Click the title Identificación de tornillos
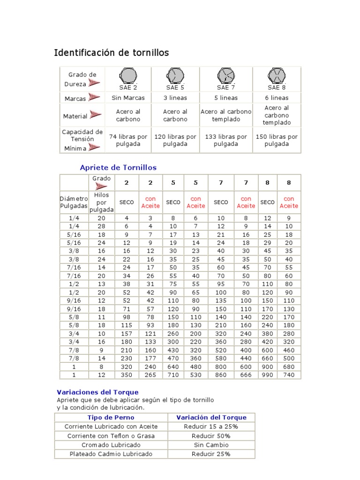[x=112, y=53]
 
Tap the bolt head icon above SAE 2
[x=128, y=76]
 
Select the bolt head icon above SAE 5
[x=175, y=76]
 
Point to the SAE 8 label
[x=277, y=88]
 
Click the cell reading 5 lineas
[x=226, y=98]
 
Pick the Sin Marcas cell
[x=128, y=98]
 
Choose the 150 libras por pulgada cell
[x=277, y=140]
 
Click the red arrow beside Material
[x=96, y=115]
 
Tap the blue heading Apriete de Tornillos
[x=118, y=167]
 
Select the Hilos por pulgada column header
[x=101, y=202]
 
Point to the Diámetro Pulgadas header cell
[x=74, y=202]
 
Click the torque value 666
[x=246, y=375]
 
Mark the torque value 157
[x=127, y=334]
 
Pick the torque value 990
[x=267, y=375]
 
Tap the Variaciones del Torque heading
[x=97, y=392]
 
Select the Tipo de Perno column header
[x=111, y=417]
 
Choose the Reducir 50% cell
[x=211, y=435]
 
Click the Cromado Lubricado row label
[x=111, y=445]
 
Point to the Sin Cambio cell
[x=211, y=445]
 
